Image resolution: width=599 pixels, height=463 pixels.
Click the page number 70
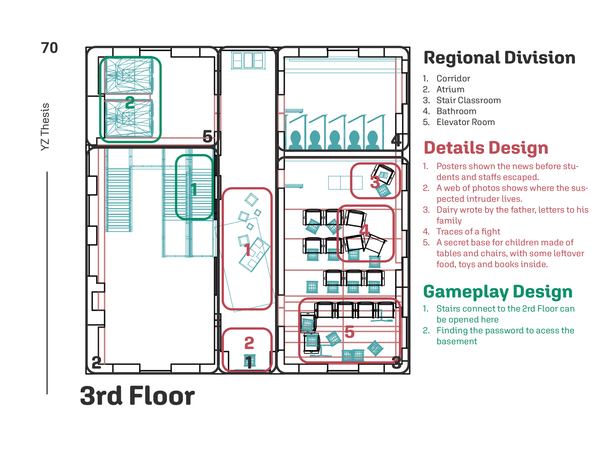click(x=49, y=48)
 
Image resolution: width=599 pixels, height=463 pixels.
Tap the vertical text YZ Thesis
click(x=45, y=127)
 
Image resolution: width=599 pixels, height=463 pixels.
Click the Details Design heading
click(x=486, y=148)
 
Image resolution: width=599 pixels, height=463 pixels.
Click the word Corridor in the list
click(x=453, y=79)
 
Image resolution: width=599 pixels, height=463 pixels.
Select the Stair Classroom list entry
click(x=469, y=100)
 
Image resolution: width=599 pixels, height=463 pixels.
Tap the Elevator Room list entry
click(x=465, y=122)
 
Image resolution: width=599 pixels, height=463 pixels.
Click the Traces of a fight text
click(x=468, y=231)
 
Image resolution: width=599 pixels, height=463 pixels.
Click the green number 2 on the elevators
click(x=130, y=103)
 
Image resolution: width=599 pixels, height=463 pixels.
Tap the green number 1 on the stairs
click(x=194, y=189)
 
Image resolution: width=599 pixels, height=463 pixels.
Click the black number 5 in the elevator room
click(x=207, y=136)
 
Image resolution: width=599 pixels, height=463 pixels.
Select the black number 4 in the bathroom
click(x=396, y=140)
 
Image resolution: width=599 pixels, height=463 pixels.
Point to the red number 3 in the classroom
click(x=375, y=182)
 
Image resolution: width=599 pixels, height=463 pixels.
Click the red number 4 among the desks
click(x=365, y=230)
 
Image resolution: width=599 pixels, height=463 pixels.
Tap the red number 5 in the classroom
click(x=349, y=332)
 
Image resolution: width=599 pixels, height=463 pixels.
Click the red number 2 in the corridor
click(x=249, y=343)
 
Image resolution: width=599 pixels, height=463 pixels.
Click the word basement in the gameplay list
click(x=457, y=341)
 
